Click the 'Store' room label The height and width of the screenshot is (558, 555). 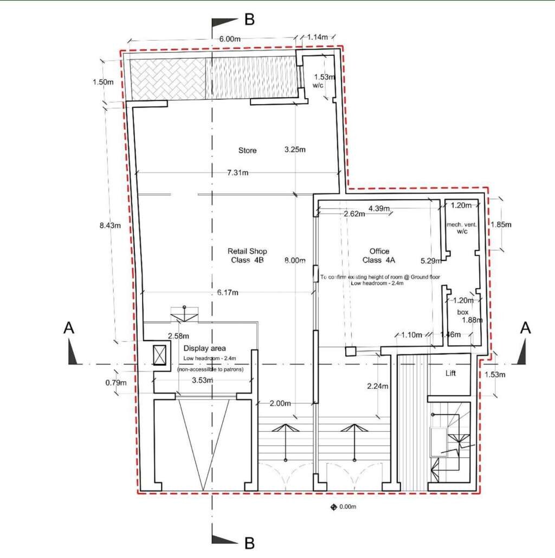click(x=247, y=150)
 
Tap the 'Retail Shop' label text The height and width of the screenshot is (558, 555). click(x=247, y=251)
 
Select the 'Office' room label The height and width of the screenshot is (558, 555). click(x=379, y=251)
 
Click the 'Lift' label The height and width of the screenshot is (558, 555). click(x=451, y=373)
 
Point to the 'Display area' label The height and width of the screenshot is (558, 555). click(x=204, y=348)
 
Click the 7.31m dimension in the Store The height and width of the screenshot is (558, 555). click(x=238, y=172)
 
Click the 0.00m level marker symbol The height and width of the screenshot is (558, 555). click(x=334, y=507)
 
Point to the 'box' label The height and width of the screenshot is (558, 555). click(x=462, y=312)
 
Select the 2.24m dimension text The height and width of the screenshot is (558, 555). click(x=378, y=387)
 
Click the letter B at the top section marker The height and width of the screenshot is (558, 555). click(x=249, y=20)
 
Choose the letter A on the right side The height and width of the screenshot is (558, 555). click(x=525, y=328)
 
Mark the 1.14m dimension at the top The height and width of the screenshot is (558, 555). click(x=317, y=37)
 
